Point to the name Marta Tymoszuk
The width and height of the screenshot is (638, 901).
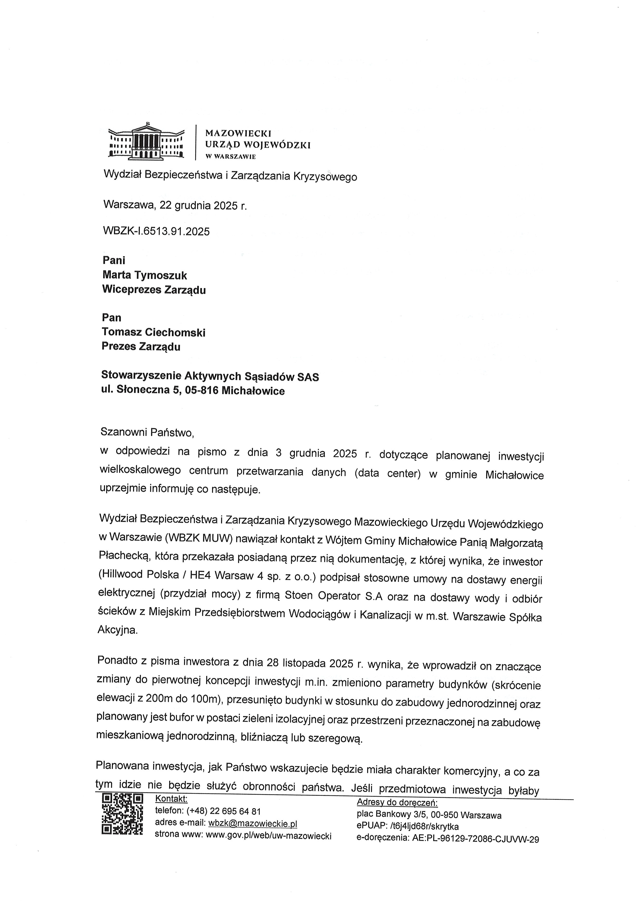pos(145,275)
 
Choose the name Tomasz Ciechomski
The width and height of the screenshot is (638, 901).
pos(153,332)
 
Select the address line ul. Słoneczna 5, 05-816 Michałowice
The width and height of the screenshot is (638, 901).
pos(193,391)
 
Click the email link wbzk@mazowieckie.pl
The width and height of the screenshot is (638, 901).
pos(253,823)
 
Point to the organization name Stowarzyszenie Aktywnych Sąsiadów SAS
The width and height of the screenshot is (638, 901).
pos(210,376)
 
